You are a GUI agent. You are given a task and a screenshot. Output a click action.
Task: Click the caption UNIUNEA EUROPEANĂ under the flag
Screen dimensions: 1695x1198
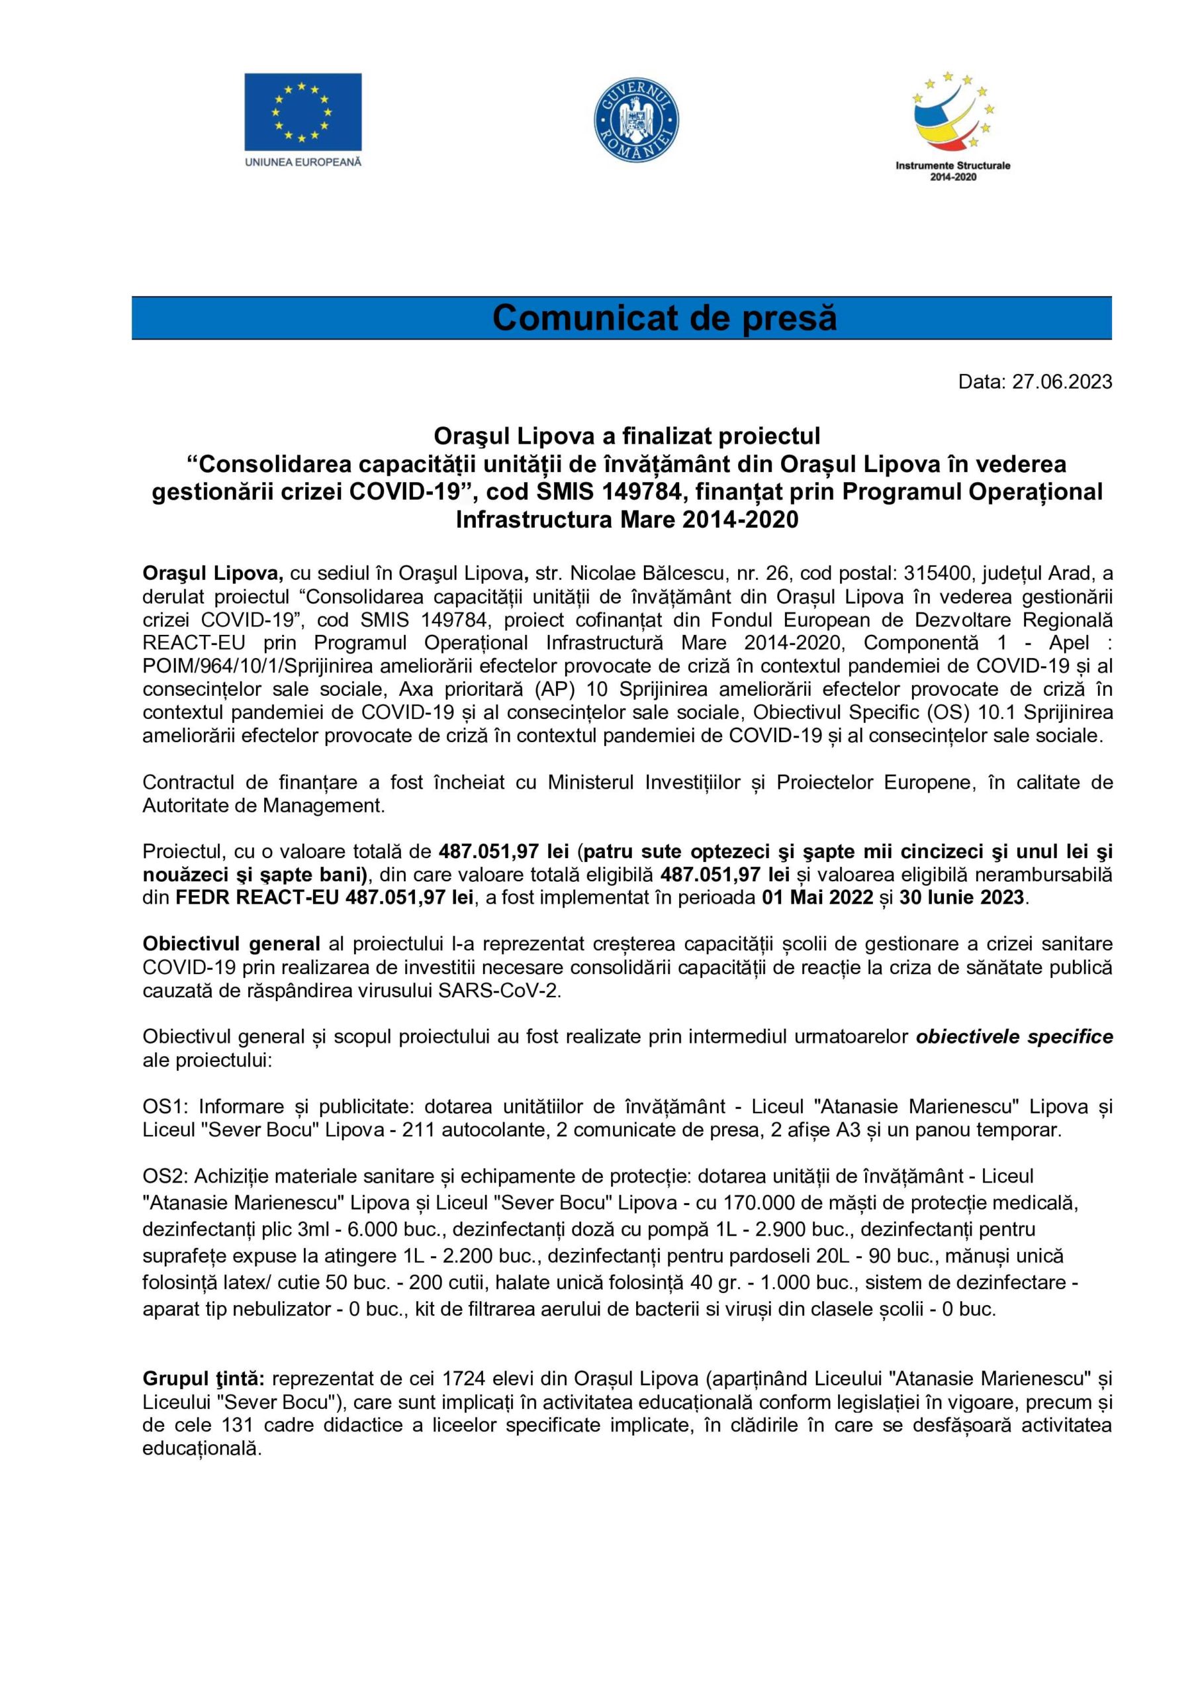(x=302, y=162)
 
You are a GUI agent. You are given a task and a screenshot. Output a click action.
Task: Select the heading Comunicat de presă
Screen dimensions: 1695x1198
(x=665, y=318)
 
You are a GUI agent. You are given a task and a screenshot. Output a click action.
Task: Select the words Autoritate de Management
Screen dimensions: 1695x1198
(x=263, y=805)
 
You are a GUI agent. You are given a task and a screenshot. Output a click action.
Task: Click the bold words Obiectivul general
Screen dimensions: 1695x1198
(x=231, y=944)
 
